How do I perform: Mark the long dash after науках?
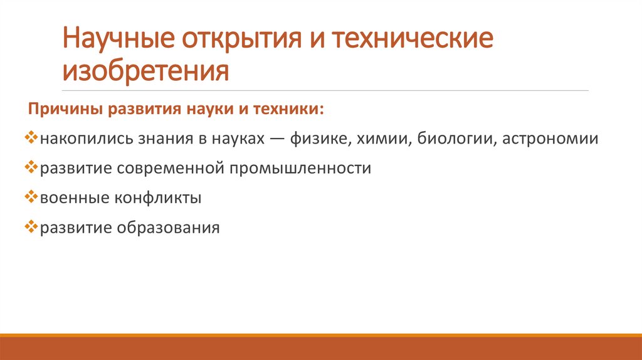coord(273,139)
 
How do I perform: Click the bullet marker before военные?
coord(34,198)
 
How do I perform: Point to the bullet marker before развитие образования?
coord(34,227)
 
